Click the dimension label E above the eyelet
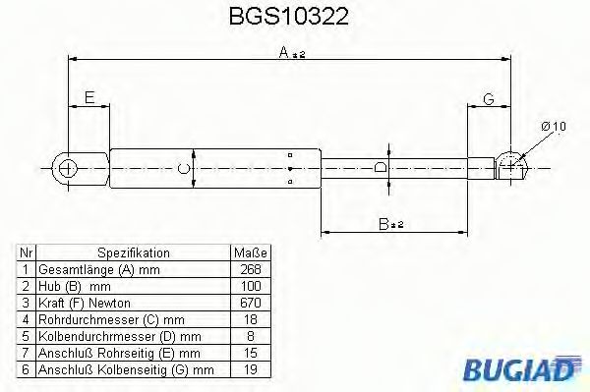click(88, 96)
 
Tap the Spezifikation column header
click(134, 252)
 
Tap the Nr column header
click(28, 252)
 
